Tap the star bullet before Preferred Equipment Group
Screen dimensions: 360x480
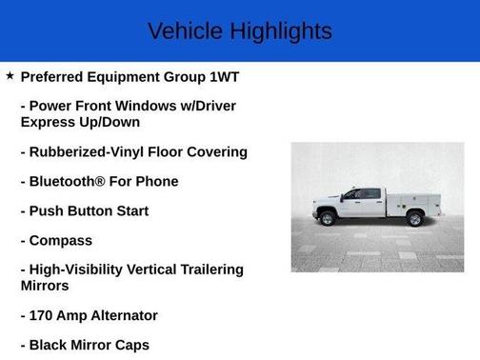coord(10,75)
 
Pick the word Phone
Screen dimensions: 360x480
coord(155,181)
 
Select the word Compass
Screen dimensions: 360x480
coord(61,240)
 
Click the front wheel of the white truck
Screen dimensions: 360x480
coord(328,219)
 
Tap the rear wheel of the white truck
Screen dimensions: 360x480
coord(414,219)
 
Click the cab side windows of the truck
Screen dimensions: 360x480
coord(363,194)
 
